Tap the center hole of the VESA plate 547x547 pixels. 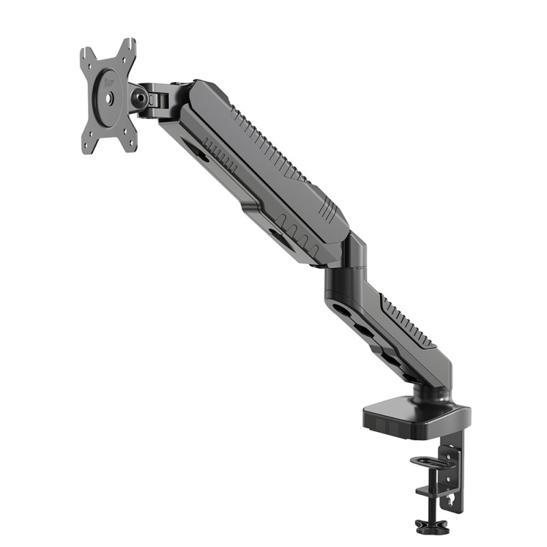108,98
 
